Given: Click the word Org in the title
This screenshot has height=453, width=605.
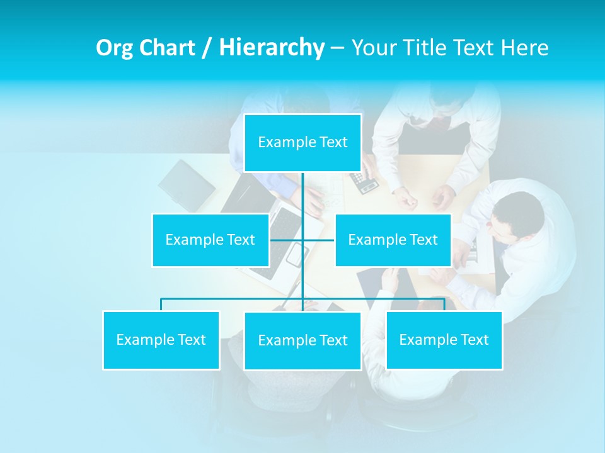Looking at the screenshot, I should pos(113,48).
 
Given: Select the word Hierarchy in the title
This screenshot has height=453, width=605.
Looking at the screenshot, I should pos(272,48).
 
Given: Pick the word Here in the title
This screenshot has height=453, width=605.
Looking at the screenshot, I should pos(525,48).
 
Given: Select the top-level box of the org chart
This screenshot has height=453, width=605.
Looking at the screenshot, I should pos(302,143).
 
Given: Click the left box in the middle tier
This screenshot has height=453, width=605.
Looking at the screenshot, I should pos(210,240).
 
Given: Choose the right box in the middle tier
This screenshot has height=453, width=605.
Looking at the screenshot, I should pos(393,240).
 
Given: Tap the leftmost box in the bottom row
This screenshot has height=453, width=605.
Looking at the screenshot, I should pos(161,340).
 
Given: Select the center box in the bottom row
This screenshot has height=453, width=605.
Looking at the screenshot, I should pos(302,341).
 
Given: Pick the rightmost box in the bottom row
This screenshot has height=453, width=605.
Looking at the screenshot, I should pos(444,340).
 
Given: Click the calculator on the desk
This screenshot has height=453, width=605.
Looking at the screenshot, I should pos(365,182).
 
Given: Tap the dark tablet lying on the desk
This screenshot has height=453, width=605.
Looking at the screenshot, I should pos(187,185).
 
